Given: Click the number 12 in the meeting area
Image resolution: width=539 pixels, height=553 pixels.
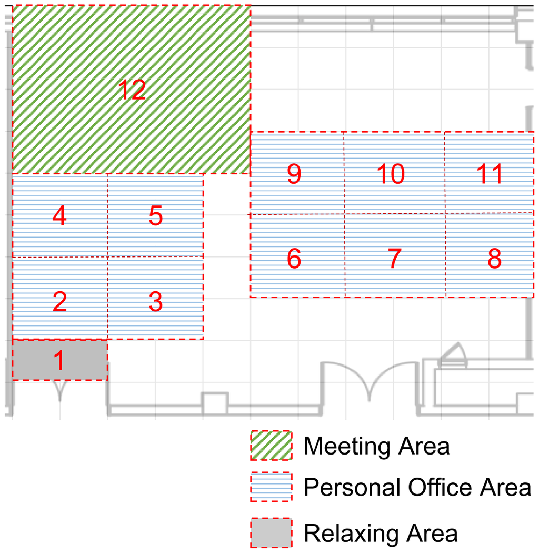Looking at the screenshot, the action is tap(132, 90).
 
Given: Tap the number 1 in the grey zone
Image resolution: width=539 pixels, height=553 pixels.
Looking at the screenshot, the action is tap(59, 360).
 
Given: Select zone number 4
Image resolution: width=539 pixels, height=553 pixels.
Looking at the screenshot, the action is tap(59, 215).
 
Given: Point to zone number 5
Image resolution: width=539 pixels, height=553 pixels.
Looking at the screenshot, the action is tap(156, 215).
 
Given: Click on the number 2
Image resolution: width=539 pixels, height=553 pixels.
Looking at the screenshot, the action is tap(59, 302).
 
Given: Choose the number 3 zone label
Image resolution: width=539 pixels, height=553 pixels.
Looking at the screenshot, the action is tap(156, 302).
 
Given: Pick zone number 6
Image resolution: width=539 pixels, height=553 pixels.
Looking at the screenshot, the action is tap(294, 258).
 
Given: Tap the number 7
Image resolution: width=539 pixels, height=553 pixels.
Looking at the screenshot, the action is tap(394, 258).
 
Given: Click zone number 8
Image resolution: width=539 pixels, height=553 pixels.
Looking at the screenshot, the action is tap(494, 258).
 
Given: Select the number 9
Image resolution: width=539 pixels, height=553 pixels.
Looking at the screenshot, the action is tap(294, 173).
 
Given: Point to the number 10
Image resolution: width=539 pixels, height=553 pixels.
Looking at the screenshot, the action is tap(391, 173).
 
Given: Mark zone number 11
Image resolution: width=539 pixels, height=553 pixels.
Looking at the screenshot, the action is tap(490, 173).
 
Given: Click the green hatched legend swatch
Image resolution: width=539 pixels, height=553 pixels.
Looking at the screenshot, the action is tap(271, 445).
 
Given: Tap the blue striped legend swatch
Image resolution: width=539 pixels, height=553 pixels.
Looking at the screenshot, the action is tap(271, 487).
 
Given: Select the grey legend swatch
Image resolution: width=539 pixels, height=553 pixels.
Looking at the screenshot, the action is tap(271, 532).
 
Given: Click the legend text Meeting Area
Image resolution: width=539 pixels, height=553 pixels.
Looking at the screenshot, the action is tap(376, 446).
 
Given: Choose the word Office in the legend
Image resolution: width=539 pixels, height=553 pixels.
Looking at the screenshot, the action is tap(440, 487).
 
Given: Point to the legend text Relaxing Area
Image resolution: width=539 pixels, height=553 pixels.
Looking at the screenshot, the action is tap(381, 533).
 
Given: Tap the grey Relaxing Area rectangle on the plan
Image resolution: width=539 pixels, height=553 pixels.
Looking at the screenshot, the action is tap(60, 360).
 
